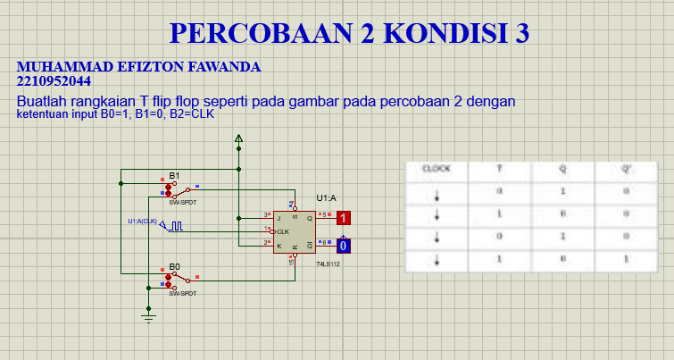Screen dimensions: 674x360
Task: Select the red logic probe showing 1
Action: click(344, 217)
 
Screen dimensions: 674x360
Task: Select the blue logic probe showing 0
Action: click(344, 245)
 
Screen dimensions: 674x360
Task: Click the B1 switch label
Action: click(174, 175)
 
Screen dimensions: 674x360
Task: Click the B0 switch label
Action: click(174, 266)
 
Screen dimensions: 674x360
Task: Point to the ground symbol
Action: click(149, 314)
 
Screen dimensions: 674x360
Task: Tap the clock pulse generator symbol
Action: click(177, 226)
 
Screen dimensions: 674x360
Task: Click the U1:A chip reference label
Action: click(326, 197)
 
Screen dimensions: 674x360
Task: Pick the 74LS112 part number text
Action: click(328, 264)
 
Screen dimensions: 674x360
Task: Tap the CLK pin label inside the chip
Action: click(283, 231)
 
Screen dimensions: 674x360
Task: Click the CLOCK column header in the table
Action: click(437, 168)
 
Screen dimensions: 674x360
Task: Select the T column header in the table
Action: click(499, 168)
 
